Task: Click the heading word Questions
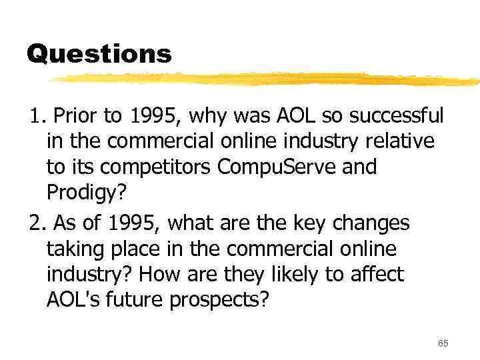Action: click(x=99, y=54)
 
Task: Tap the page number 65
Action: click(x=443, y=343)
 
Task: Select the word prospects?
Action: click(x=219, y=299)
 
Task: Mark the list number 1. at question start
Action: click(x=37, y=116)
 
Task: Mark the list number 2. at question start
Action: click(x=37, y=223)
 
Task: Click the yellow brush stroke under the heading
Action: click(x=267, y=79)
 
